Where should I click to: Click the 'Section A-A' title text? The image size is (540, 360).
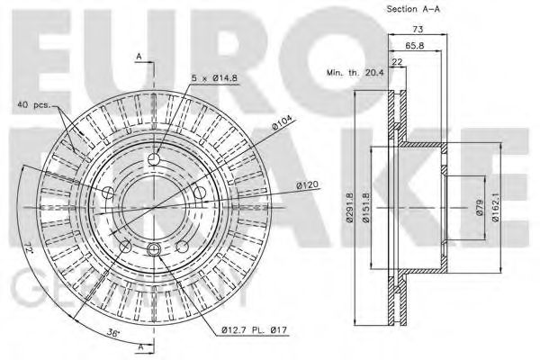click(415, 9)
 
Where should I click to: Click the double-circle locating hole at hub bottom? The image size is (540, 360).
click(154, 249)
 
